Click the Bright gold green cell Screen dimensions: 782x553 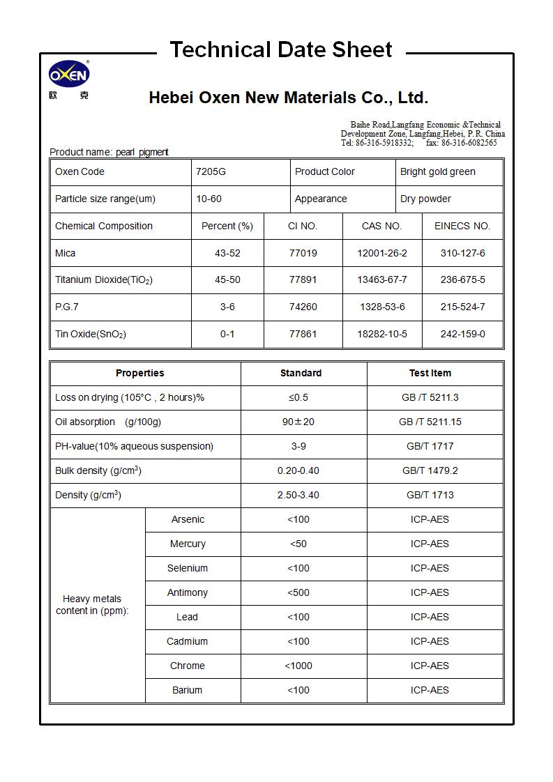pyautogui.click(x=437, y=171)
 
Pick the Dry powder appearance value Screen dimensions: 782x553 pyautogui.click(x=425, y=199)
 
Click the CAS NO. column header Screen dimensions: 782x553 pyautogui.click(x=381, y=226)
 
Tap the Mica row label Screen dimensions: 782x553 pyautogui.click(x=66, y=253)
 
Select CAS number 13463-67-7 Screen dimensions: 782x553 pyautogui.click(x=381, y=279)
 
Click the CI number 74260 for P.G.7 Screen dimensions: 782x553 pyautogui.click(x=303, y=307)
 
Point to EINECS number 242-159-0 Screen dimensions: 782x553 pyautogui.click(x=462, y=334)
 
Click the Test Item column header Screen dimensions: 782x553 pyautogui.click(x=430, y=373)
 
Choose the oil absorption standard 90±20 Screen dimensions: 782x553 pyautogui.click(x=298, y=422)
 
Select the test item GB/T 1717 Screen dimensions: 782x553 pyautogui.click(x=430, y=446)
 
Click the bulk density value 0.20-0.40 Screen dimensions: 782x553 pyautogui.click(x=298, y=470)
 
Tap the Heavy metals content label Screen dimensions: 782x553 pyautogui.click(x=92, y=604)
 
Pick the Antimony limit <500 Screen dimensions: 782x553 pyautogui.click(x=298, y=592)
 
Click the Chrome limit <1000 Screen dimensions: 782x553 pyautogui.click(x=298, y=666)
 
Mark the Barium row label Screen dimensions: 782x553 pyautogui.click(x=187, y=690)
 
